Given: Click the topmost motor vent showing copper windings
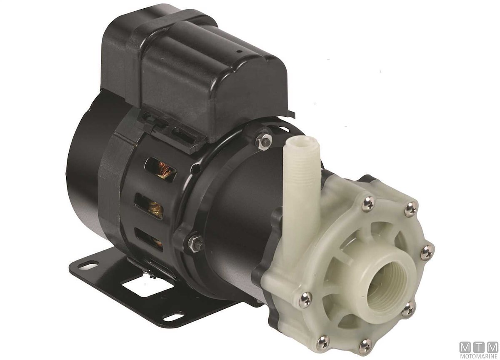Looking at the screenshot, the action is pyautogui.click(x=160, y=169).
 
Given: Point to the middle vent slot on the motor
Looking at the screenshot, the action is pyautogui.click(x=149, y=206).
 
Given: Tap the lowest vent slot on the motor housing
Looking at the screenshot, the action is pyautogui.click(x=149, y=239).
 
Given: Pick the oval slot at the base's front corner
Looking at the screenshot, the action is pyautogui.click(x=173, y=317).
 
